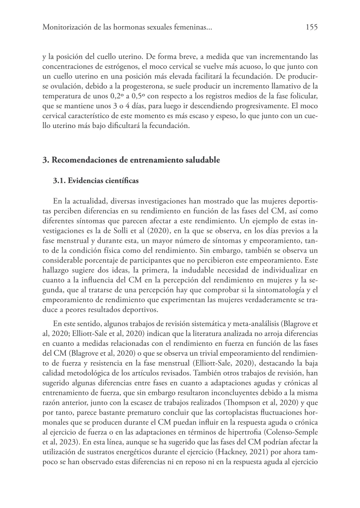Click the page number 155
pyautogui.click(x=311, y=28)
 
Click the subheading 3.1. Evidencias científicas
pyautogui.click(x=96, y=181)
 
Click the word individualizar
pyautogui.click(x=284, y=268)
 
